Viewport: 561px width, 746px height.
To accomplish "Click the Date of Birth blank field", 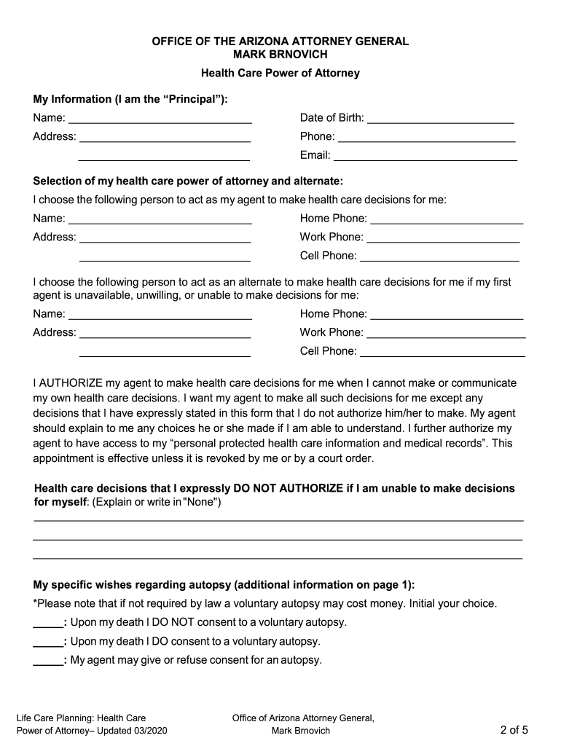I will click(441, 118).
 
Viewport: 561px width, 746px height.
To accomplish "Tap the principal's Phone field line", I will click(427, 136).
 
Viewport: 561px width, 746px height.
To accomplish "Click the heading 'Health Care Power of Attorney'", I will click(280, 74).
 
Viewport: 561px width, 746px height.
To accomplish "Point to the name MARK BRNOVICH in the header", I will click(280, 55).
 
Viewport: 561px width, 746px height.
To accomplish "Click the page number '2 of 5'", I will click(514, 730).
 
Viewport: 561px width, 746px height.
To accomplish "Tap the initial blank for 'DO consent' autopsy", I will click(48, 642).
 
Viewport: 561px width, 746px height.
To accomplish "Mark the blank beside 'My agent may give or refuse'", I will click(48, 661).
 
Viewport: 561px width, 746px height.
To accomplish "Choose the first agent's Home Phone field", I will click(447, 219).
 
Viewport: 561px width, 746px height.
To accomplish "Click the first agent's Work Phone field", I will click(443, 237).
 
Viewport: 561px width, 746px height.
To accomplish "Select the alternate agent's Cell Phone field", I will click(442, 351).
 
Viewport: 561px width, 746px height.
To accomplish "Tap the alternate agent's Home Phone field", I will click(447, 314).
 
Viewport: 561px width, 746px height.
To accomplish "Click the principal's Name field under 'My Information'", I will click(160, 118).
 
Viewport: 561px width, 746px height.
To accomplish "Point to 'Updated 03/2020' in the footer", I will click(141, 731).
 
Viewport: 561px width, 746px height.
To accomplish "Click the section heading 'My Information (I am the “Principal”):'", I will click(130, 99).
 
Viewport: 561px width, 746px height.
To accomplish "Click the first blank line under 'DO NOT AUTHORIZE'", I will click(278, 519).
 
